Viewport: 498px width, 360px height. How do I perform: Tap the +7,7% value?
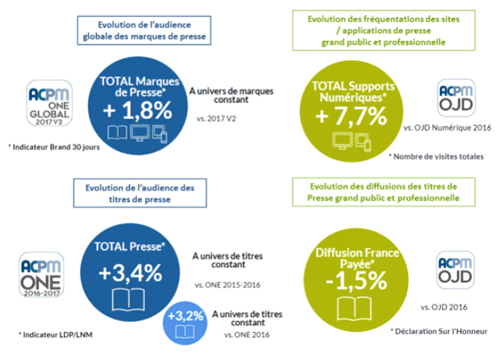coord(351,116)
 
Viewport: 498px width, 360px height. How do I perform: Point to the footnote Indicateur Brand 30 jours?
coord(51,147)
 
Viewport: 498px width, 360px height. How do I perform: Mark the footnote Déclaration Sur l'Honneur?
coord(435,329)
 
